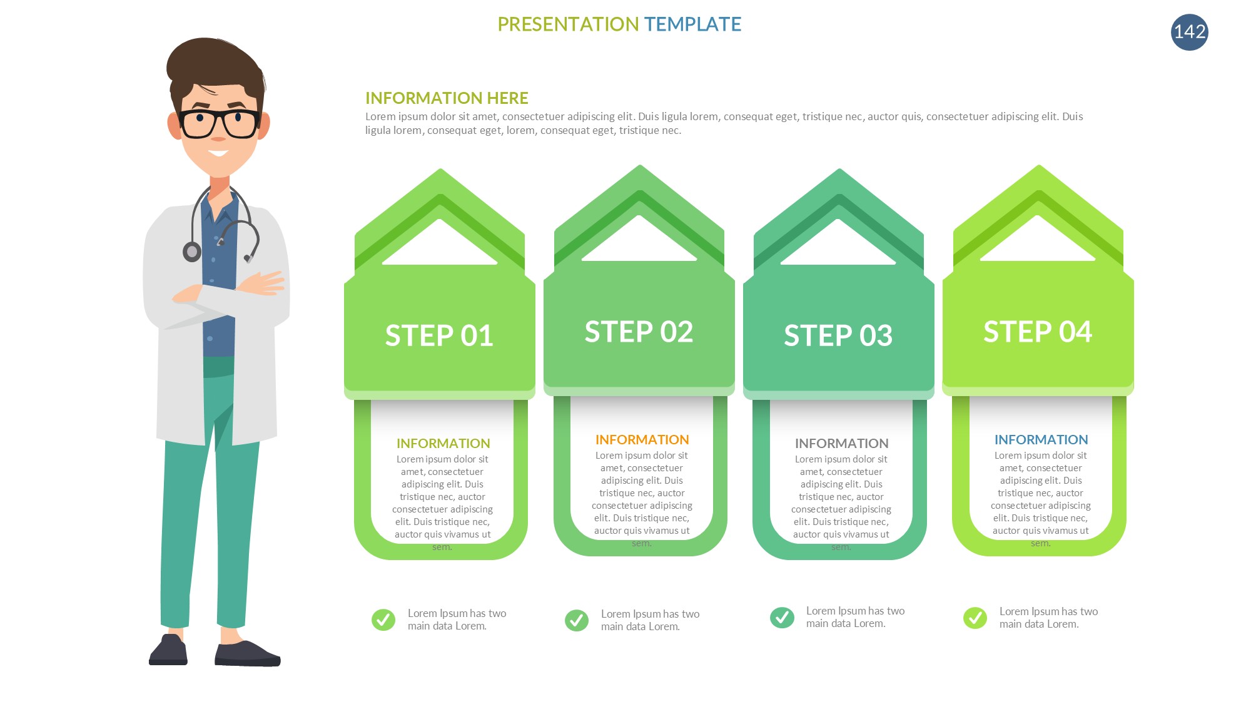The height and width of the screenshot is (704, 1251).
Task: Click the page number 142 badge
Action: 1189,32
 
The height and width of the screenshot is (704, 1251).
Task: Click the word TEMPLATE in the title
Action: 692,24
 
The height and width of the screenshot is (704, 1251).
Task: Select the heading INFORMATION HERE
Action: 447,98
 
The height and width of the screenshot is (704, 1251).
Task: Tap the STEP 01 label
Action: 439,335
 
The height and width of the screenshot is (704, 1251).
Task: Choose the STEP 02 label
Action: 639,332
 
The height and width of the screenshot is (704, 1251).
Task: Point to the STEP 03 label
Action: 838,335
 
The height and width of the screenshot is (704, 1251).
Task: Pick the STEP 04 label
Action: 1038,332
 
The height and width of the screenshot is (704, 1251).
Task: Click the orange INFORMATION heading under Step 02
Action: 642,440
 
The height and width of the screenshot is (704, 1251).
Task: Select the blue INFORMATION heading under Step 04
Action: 1041,440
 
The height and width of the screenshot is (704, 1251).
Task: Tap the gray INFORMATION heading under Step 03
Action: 841,444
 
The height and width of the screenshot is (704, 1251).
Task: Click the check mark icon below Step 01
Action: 383,620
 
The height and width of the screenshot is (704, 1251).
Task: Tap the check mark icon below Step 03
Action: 782,618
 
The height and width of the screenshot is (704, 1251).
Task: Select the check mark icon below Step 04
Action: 975,618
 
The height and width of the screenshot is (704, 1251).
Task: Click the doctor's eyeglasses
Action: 219,123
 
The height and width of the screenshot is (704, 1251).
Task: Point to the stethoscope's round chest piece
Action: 192,252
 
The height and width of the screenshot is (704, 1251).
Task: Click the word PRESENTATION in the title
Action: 568,24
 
